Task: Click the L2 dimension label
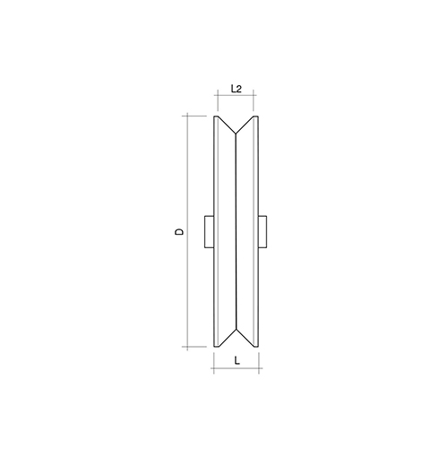(237, 89)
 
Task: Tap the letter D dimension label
(179, 231)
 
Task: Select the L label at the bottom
(237, 361)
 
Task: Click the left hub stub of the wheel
(209, 231)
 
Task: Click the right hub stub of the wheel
(263, 231)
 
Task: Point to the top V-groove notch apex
(236, 134)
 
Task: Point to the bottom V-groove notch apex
(236, 330)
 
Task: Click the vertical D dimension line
(187, 231)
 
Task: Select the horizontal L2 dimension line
(236, 95)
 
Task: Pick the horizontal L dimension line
(237, 368)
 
